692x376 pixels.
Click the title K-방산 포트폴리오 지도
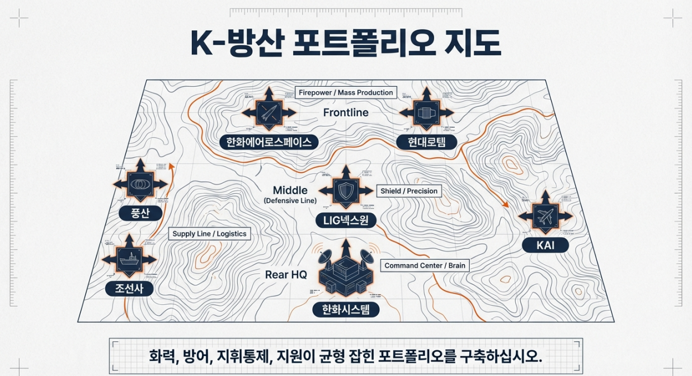click(x=345, y=44)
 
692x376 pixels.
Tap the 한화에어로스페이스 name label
click(x=269, y=142)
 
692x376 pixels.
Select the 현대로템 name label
click(x=426, y=142)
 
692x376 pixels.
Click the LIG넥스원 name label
click(x=346, y=220)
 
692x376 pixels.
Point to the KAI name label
click(x=545, y=245)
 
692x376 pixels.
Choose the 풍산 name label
click(x=141, y=213)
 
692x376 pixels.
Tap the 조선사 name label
click(x=130, y=289)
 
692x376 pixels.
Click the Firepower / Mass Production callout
click(x=346, y=92)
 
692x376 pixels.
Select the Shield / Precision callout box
click(x=409, y=191)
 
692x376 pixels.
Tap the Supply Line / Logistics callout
click(x=209, y=233)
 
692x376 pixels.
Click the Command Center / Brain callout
click(x=425, y=266)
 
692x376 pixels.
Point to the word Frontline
click(x=346, y=112)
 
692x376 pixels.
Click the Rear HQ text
click(x=286, y=275)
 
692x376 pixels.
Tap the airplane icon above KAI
click(x=545, y=217)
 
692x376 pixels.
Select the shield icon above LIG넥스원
click(x=345, y=190)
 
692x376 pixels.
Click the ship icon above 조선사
click(x=129, y=260)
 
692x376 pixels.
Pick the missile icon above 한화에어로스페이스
click(x=269, y=112)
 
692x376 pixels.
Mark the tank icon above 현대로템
click(x=426, y=112)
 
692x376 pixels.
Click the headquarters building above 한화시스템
click(x=346, y=274)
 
